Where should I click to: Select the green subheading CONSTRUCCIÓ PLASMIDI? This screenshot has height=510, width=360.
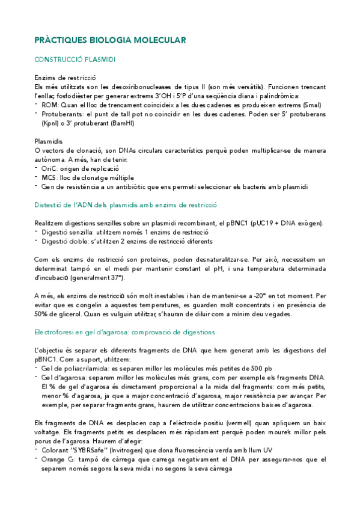75,60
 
